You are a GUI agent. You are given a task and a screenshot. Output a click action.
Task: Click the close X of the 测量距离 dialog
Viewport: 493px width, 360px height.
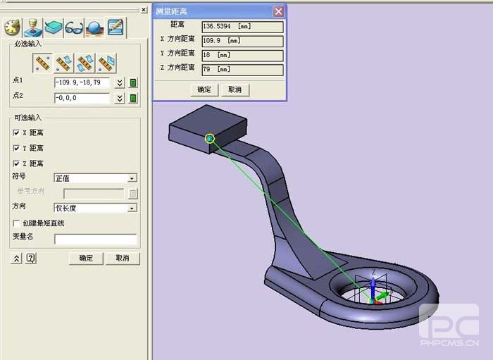coord(278,11)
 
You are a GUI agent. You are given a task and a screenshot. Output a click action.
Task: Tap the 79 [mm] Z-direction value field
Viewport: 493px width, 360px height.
coord(242,70)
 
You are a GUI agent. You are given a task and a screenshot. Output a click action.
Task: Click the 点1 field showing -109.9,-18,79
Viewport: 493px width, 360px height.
coord(82,82)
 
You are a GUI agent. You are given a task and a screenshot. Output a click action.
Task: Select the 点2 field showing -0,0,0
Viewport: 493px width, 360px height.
coord(82,98)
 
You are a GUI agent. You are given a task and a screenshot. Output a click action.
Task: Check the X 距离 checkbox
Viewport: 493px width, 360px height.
coord(17,132)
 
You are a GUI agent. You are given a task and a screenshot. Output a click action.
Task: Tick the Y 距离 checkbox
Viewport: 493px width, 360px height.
coord(17,148)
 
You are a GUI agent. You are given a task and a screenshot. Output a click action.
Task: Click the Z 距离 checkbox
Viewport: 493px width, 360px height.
coord(17,163)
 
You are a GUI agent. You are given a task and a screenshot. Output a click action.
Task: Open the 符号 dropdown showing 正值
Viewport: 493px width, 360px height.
coord(95,178)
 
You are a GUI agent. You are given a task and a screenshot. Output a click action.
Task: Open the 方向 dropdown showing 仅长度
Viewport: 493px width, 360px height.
coord(95,208)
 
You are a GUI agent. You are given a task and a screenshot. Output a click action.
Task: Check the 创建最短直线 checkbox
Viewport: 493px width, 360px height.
coord(17,223)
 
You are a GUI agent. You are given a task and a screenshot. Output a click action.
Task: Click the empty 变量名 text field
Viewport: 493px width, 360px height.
coord(95,239)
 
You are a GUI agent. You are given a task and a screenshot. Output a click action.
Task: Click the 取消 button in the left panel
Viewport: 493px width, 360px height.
coord(123,259)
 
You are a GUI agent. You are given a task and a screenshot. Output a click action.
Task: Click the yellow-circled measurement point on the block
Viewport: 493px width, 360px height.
coord(209,138)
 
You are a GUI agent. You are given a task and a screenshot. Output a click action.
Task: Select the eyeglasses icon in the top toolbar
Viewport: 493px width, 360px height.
coord(74,28)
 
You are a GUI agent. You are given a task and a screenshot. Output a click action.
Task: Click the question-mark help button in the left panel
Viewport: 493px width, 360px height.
coord(31,259)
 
